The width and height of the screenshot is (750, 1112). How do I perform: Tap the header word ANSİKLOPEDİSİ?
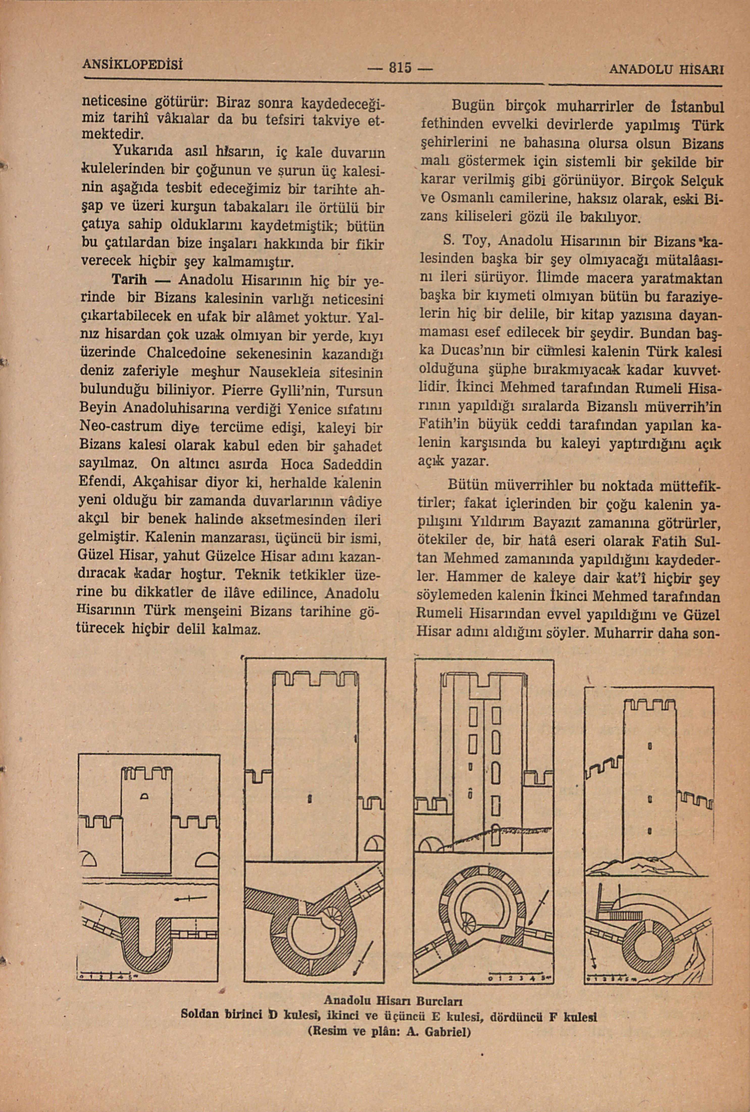(x=133, y=64)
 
